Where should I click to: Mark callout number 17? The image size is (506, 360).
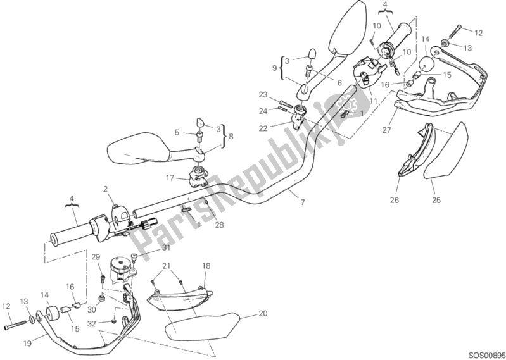coord(171,179)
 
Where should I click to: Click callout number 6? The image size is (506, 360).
coord(339,83)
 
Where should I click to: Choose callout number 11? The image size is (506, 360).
coord(374,101)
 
